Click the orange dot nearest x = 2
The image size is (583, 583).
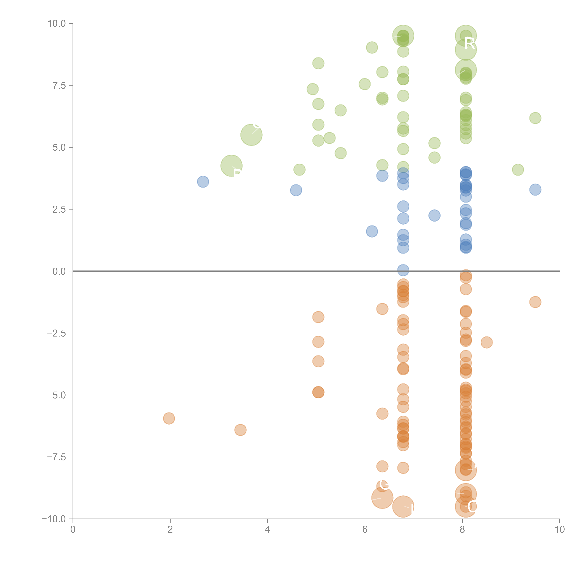[x=169, y=418]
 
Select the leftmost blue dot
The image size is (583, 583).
[x=203, y=182]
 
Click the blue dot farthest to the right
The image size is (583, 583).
[x=535, y=189]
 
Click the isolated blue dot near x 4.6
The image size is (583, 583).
[x=296, y=190]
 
